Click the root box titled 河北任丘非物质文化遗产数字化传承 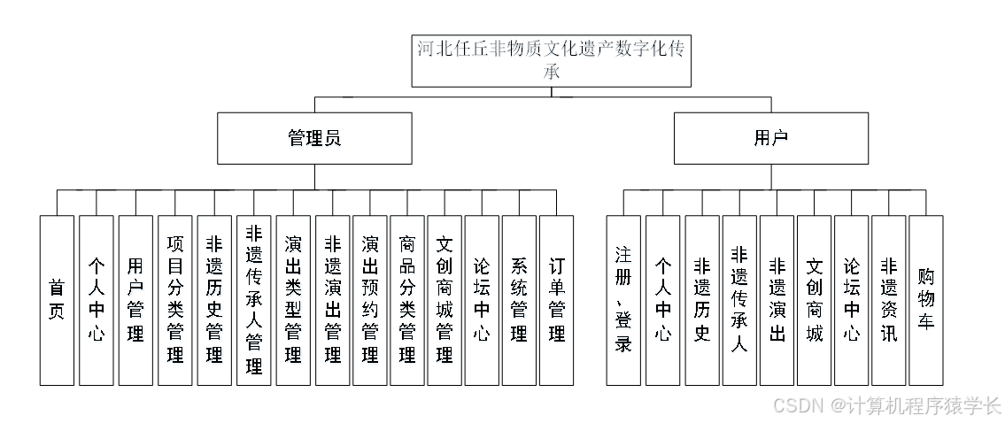(551, 60)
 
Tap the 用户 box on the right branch (769, 138)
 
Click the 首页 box (57, 299)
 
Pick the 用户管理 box (135, 299)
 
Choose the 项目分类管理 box (174, 299)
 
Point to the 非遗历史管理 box (213, 299)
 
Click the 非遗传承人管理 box (253, 299)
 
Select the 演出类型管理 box (292, 299)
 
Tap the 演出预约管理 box (370, 299)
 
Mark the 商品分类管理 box (407, 299)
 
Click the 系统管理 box (519, 299)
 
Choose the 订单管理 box (556, 299)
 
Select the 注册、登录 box (623, 299)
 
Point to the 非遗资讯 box (888, 299)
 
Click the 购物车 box (925, 299)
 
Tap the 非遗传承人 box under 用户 (738, 299)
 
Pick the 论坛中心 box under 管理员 (482, 299)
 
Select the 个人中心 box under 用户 (663, 299)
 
